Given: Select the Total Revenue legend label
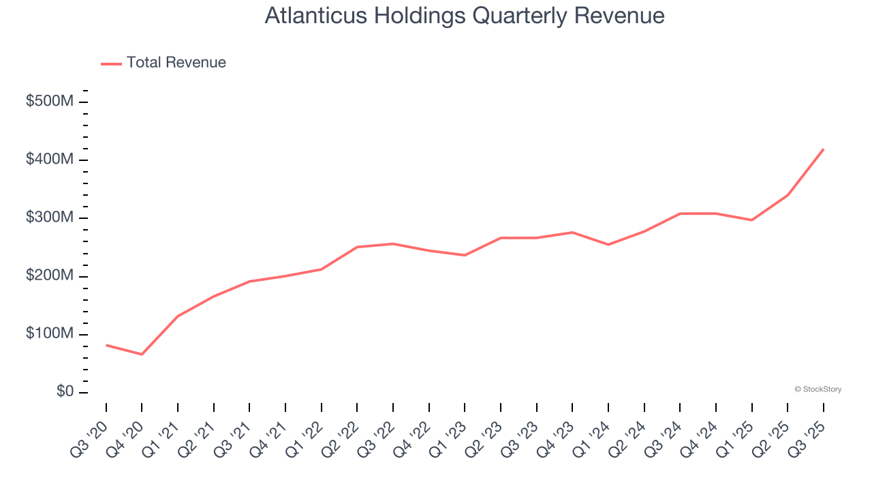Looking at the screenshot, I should tap(176, 63).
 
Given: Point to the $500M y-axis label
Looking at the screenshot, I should tap(49, 102).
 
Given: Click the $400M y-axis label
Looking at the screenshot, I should tap(49, 160).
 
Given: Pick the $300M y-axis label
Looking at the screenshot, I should tap(49, 218).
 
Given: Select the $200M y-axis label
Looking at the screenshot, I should tap(49, 276).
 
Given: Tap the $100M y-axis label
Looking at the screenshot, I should tap(49, 334).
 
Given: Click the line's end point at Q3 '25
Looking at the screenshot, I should tap(824, 149).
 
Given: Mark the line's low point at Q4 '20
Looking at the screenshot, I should tap(142, 355).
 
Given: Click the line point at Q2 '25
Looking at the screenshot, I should tap(788, 195).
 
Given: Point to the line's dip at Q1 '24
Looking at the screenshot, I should tap(608, 245).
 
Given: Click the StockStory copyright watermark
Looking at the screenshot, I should tap(817, 389).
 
